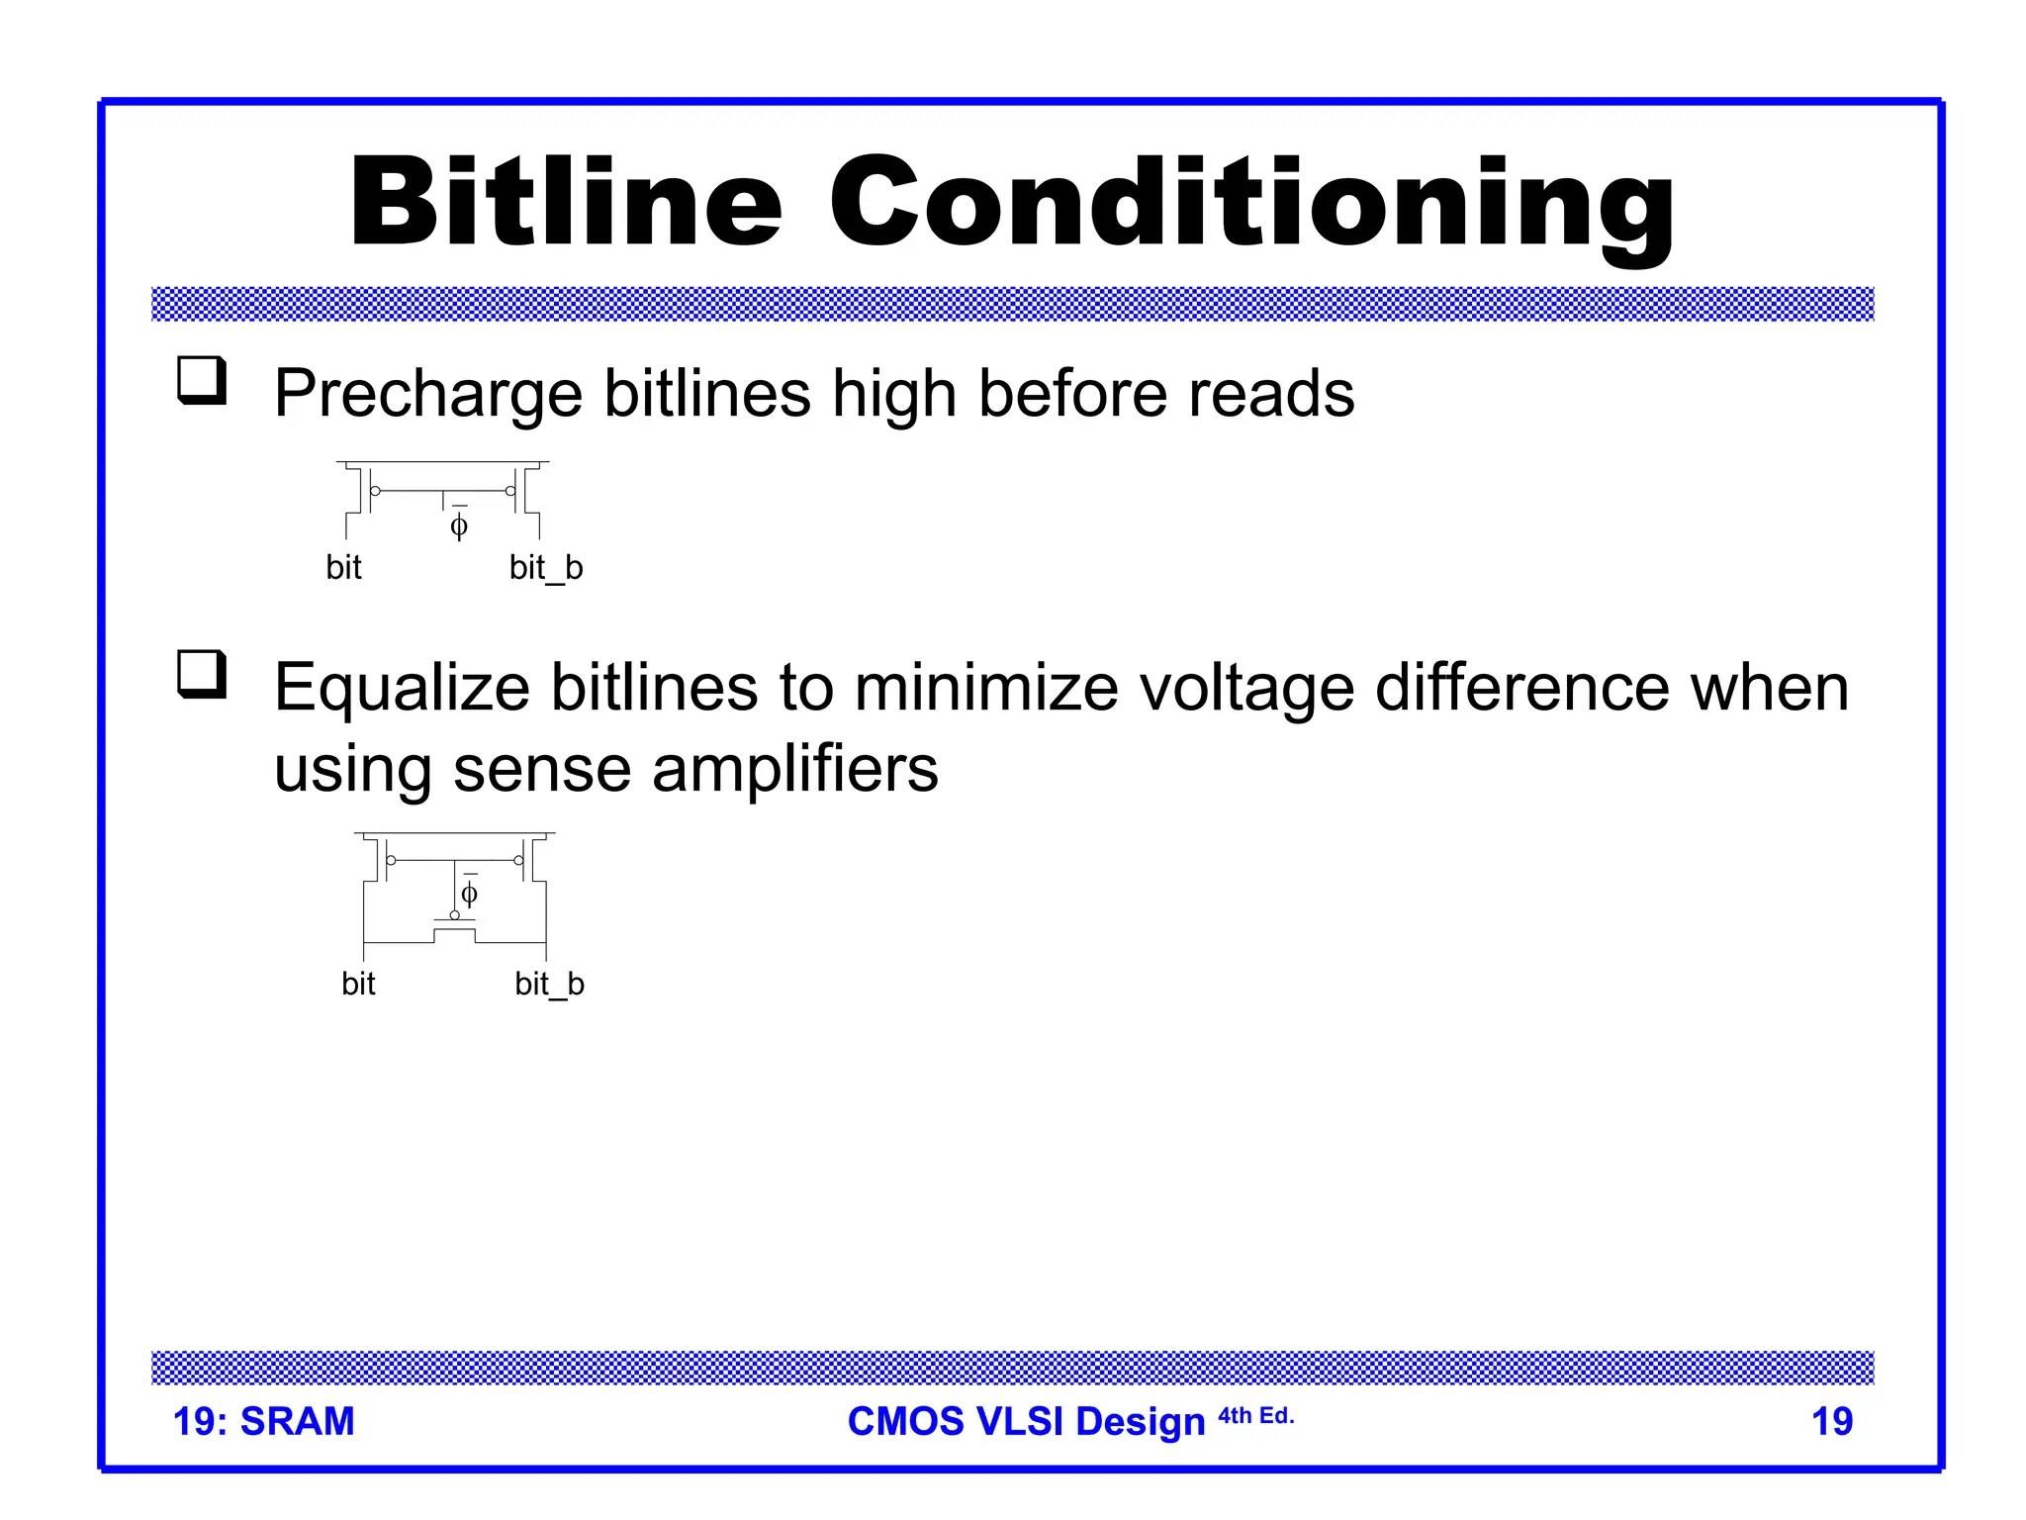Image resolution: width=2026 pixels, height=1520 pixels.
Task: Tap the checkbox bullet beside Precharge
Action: pos(202,381)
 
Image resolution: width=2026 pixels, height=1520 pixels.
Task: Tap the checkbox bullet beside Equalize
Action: pos(202,675)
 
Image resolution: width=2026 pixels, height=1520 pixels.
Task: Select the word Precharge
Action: pos(427,394)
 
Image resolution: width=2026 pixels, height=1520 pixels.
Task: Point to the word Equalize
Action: pos(401,688)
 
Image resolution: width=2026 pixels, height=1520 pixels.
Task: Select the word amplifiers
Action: pos(794,769)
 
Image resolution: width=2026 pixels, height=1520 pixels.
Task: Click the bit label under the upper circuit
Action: pos(343,568)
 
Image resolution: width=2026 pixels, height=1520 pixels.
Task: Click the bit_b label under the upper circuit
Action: pos(546,568)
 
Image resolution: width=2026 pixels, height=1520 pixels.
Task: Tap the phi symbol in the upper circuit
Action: pos(459,524)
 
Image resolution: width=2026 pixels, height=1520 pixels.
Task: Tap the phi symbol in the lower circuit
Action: pos(470,894)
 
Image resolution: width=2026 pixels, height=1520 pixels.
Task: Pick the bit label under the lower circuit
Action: pos(358,984)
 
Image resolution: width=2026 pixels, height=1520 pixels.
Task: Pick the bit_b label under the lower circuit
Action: pos(550,984)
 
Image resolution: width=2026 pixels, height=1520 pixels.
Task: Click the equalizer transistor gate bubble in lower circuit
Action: pos(455,915)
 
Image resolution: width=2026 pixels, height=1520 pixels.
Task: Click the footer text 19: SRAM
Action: pos(263,1421)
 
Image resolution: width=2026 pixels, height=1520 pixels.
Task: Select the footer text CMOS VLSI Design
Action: pos(1026,1422)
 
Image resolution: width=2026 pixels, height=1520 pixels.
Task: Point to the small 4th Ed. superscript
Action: pos(1255,1416)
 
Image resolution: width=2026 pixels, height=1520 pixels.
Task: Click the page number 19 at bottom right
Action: pos(1831,1422)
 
